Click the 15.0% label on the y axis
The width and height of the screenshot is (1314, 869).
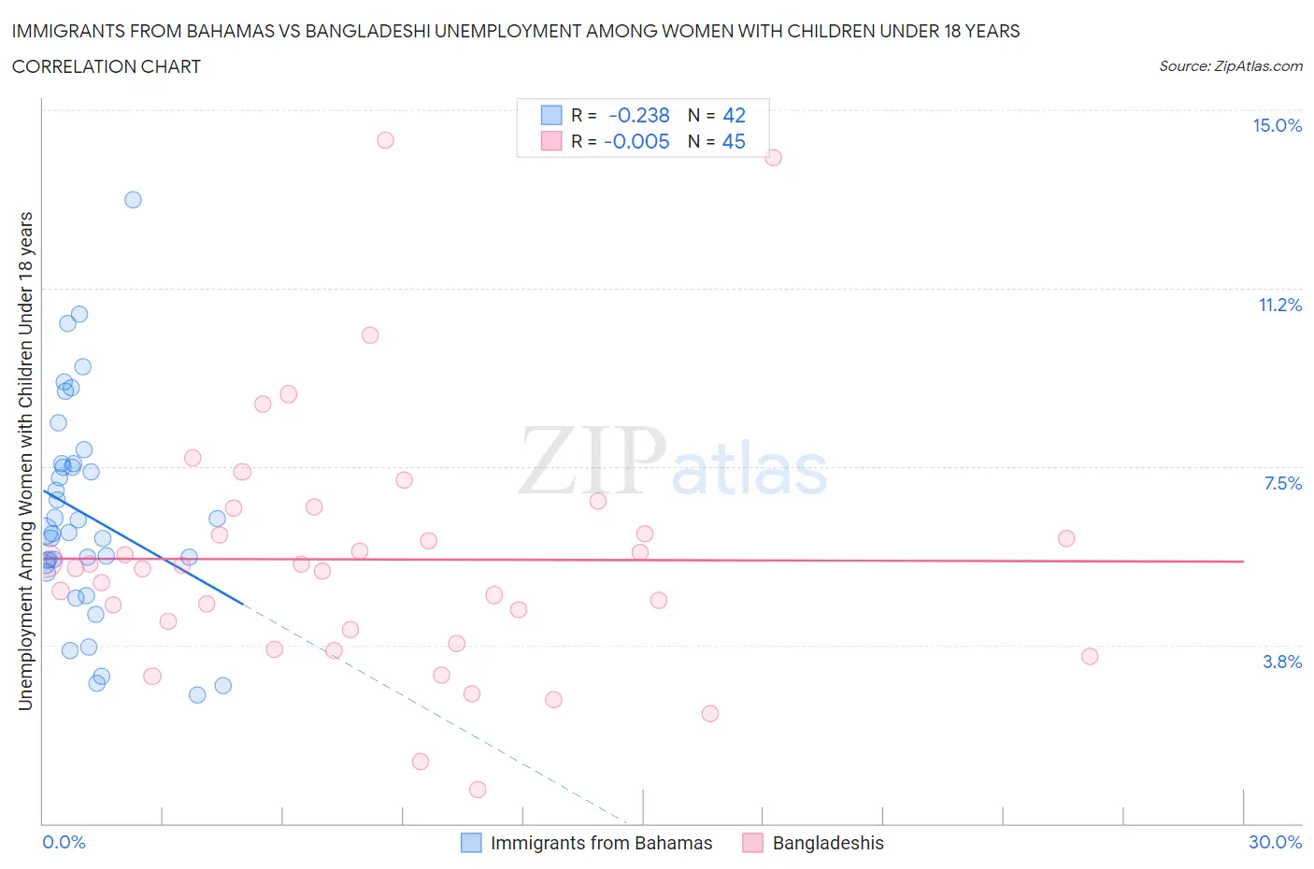(x=1277, y=126)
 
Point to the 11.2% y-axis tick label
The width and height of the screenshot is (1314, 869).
(x=1279, y=305)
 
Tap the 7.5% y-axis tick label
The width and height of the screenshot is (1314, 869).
(x=1282, y=483)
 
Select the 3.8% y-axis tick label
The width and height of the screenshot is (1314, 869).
(x=1282, y=662)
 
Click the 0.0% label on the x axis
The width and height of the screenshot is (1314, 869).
(x=64, y=842)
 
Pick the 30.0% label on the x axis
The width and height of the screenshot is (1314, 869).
(x=1275, y=842)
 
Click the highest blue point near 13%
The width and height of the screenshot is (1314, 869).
(x=133, y=200)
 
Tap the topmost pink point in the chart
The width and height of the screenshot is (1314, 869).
(x=385, y=140)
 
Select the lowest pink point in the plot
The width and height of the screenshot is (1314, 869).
(x=478, y=790)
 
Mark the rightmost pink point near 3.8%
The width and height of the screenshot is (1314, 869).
(x=1090, y=657)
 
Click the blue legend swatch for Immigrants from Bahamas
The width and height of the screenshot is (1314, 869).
(x=471, y=843)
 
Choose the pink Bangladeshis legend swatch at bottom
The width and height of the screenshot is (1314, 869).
(x=752, y=843)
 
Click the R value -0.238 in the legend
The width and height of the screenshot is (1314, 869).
(x=639, y=115)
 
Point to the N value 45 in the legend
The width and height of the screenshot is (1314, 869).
(x=734, y=141)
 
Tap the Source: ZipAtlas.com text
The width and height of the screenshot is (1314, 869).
(x=1230, y=66)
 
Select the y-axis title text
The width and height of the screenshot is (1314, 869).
(x=26, y=461)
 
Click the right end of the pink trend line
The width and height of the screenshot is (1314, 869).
(x=1244, y=562)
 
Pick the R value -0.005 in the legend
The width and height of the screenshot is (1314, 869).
(x=636, y=141)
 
